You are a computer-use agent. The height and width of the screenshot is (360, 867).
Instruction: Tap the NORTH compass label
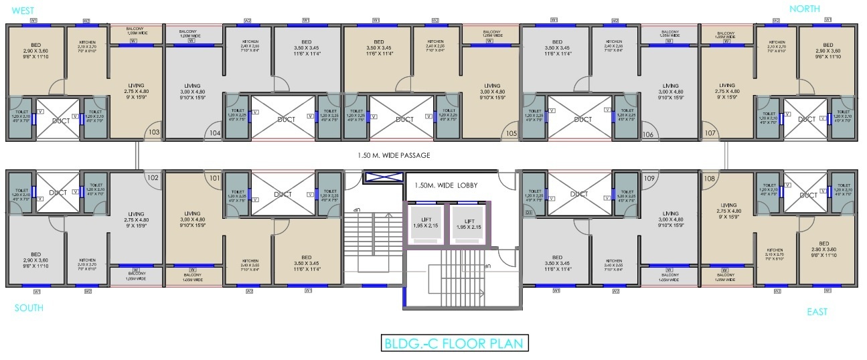(x=803, y=9)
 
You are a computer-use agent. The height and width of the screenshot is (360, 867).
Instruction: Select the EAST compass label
(x=817, y=311)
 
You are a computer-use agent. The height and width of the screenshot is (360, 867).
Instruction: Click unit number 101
(x=214, y=179)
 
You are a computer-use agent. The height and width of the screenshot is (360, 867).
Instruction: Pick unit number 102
(x=153, y=178)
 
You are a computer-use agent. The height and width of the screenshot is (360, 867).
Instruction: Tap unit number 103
(x=153, y=132)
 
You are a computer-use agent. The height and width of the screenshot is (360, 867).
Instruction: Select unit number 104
(x=214, y=133)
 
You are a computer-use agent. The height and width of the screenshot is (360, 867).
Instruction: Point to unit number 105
(x=511, y=133)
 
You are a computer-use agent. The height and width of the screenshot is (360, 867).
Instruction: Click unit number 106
(x=647, y=134)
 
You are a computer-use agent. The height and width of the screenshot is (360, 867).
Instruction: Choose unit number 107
(x=710, y=133)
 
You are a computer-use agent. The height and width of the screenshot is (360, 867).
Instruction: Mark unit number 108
(x=710, y=179)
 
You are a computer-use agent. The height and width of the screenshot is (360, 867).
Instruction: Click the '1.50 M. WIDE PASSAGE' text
(x=394, y=155)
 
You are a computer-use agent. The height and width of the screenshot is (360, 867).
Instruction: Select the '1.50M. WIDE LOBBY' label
(x=445, y=185)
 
